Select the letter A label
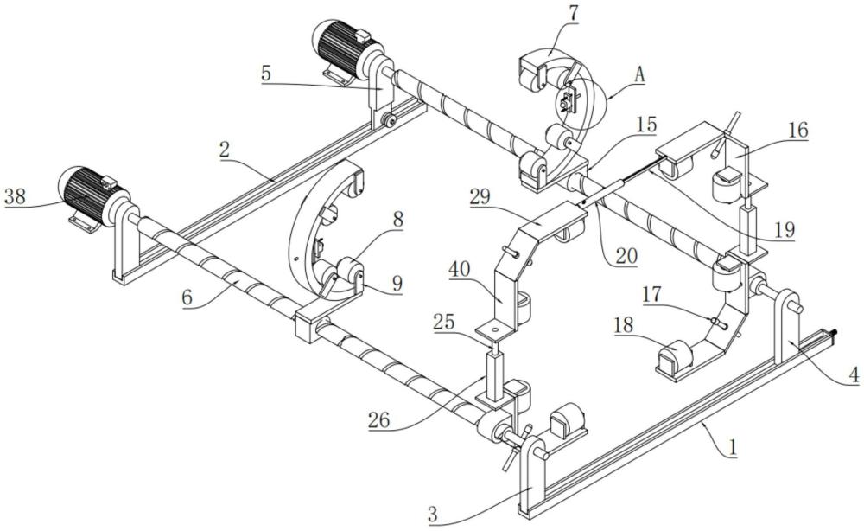(x=639, y=75)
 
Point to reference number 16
(x=797, y=131)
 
